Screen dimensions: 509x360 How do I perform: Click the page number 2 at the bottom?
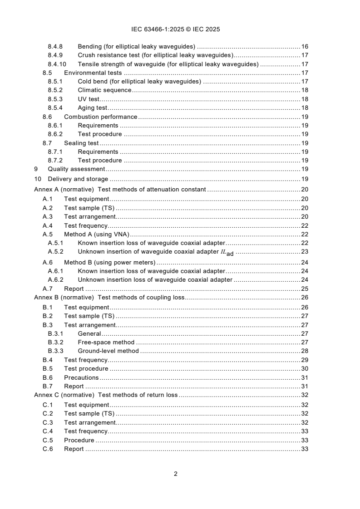(175, 474)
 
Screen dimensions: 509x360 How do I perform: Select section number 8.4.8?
(55, 46)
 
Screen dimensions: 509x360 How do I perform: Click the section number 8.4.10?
(57, 64)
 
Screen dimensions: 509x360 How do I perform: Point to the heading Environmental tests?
(94, 73)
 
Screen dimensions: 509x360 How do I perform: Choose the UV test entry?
(89, 99)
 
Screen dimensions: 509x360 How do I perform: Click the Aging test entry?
(92, 108)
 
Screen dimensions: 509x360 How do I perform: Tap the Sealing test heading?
(81, 143)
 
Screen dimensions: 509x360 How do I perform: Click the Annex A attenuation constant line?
(120, 189)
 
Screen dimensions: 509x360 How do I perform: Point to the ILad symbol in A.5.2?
(227, 252)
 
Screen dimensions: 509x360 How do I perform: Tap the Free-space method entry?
(106, 342)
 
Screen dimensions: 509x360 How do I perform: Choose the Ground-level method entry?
(108, 351)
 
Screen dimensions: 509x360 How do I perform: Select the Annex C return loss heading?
(106, 395)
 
